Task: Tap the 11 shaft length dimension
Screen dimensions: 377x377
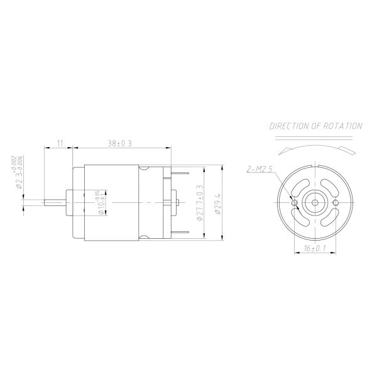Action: point(60,143)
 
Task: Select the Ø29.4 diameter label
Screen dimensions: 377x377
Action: point(217,203)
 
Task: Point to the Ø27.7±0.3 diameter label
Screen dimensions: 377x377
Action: point(200,203)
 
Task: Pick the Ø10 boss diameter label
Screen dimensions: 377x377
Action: point(100,203)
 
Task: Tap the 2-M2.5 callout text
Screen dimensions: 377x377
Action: point(261,168)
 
